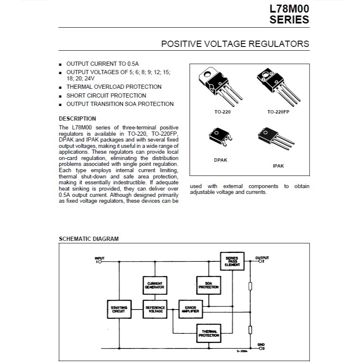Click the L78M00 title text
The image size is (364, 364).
click(289, 9)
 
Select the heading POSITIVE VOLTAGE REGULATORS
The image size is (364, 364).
click(235, 44)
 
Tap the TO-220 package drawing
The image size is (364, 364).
click(220, 86)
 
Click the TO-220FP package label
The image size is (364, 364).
click(278, 112)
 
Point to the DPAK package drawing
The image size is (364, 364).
click(220, 137)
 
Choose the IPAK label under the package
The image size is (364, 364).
click(278, 166)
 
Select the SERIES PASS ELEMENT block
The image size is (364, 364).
click(232, 261)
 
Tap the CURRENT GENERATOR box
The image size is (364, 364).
click(155, 285)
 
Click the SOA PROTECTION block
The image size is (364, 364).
click(209, 285)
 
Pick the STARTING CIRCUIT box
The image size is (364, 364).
click(119, 309)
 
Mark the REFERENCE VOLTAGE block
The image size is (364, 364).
click(155, 309)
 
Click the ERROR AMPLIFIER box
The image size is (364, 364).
click(191, 309)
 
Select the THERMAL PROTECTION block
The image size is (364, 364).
click(209, 333)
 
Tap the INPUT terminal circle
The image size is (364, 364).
click(100, 262)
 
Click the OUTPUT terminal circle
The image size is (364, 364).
click(260, 261)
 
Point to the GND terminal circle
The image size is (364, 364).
click(260, 348)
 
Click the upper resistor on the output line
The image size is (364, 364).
click(250, 286)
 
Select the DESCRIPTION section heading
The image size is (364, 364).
click(77, 119)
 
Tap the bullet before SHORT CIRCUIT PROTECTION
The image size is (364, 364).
click(60, 96)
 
